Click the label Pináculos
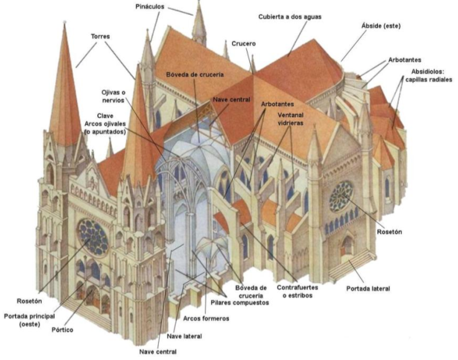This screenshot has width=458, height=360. [x=151, y=6]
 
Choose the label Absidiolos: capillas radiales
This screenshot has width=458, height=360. [x=429, y=75]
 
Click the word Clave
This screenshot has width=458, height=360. [x=105, y=115]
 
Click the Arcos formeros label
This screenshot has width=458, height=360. [x=206, y=318]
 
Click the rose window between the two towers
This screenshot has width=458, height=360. [x=92, y=237]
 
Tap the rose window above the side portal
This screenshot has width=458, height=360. [x=341, y=196]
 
